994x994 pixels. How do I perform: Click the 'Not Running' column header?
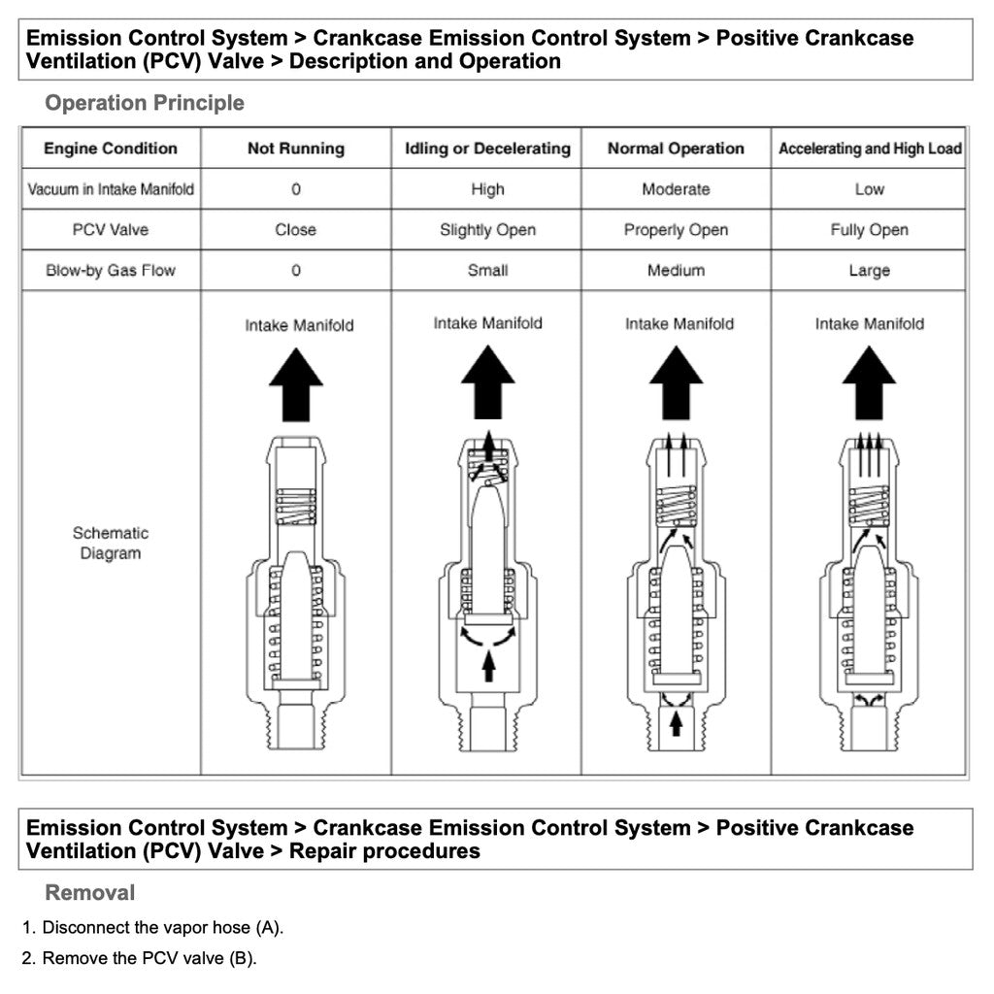pos(295,149)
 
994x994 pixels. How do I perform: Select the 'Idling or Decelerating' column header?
pos(487,149)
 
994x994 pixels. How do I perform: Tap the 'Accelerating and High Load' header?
pos(870,149)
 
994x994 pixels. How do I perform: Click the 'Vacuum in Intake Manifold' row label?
pos(111,189)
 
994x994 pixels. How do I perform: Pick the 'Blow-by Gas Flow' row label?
pos(111,270)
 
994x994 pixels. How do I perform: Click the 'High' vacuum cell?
pos(487,189)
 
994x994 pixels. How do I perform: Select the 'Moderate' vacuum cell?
pos(676,189)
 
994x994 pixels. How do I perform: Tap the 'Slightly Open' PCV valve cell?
pos(487,230)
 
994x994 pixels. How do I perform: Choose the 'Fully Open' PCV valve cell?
pos(870,230)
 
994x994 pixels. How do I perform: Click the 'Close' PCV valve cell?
pos(295,230)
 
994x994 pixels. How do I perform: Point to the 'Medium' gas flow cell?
pos(676,270)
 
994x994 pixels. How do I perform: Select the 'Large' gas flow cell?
pos(870,270)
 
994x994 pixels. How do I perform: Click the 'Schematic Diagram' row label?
pos(111,543)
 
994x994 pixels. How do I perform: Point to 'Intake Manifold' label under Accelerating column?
pos(870,324)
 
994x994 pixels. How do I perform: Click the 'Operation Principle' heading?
pos(145,103)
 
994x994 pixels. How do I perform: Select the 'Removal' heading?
pos(90,892)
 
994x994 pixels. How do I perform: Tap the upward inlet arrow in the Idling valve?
pos(488,665)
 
